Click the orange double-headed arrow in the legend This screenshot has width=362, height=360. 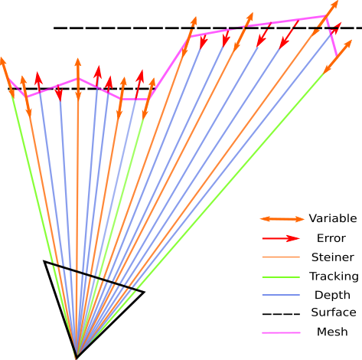pos(282,219)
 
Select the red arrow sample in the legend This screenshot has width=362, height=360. pos(282,238)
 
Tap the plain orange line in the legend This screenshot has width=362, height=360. pos(281,257)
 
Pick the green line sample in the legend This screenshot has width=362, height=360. pos(281,277)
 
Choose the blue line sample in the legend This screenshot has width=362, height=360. pos(281,295)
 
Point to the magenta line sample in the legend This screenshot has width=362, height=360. pos(281,332)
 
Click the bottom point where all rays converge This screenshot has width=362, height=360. pos(77,353)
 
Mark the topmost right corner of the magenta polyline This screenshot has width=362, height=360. pos(328,16)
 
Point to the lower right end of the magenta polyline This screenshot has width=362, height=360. pos(336,54)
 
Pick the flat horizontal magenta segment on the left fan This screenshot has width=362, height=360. pos(135,98)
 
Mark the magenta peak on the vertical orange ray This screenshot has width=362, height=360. pos(77,78)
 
